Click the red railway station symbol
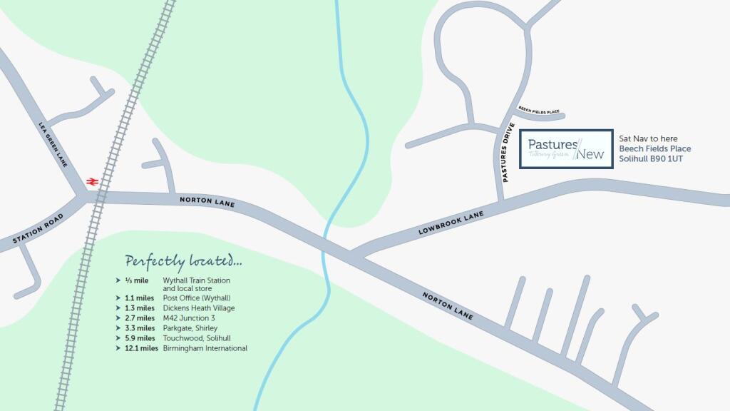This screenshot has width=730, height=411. point(91,181)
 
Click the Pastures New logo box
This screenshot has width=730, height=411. point(566,148)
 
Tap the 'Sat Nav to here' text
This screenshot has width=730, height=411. point(648,138)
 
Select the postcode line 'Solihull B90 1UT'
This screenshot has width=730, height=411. point(650,158)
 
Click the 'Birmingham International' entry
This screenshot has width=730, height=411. point(205,348)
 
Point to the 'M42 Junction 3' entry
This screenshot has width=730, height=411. point(189,318)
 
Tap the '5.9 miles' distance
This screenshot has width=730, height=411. point(140,338)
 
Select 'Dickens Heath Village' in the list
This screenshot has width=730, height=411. point(199,308)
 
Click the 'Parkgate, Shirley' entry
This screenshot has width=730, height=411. point(190,328)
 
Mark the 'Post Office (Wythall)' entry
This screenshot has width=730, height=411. point(197,298)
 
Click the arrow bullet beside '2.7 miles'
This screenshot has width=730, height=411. point(118,318)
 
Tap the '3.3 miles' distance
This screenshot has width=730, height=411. point(140,328)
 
